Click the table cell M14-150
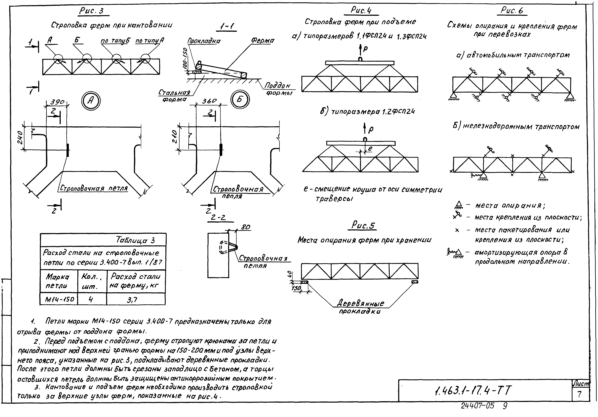tap(59, 299)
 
